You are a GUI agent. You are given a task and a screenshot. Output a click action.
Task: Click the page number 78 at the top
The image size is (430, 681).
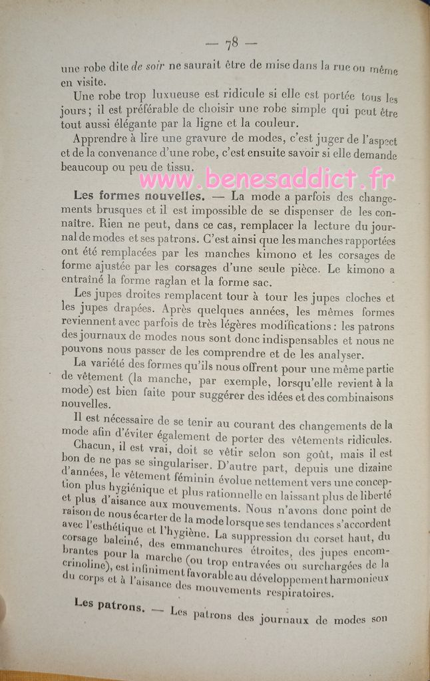[232, 45]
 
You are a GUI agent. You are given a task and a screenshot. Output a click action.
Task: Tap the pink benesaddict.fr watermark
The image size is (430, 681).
[267, 178]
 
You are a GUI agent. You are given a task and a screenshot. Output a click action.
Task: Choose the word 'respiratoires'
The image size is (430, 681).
[292, 591]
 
